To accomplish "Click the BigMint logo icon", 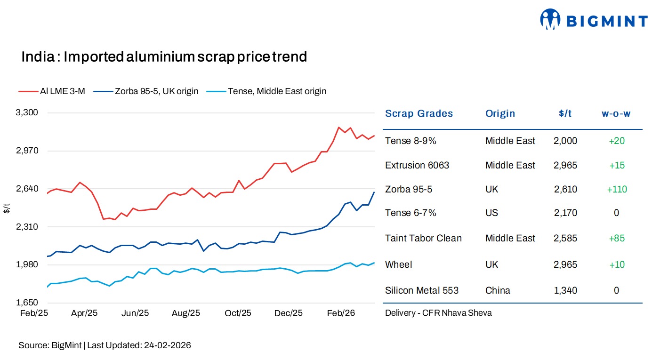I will pyautogui.click(x=550, y=20).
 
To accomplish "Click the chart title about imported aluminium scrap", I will pyautogui.click(x=164, y=57).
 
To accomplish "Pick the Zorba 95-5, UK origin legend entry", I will pyautogui.click(x=146, y=91).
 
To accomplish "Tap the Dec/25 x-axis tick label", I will pyautogui.click(x=289, y=313).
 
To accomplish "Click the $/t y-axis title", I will pyautogui.click(x=6, y=208).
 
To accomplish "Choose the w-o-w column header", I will pyautogui.click(x=616, y=113).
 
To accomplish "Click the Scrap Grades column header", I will pyautogui.click(x=419, y=113).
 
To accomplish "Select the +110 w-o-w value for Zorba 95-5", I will pyautogui.click(x=616, y=190).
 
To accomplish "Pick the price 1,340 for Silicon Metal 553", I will pyautogui.click(x=565, y=290).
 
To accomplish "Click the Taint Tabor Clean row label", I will pyautogui.click(x=423, y=238).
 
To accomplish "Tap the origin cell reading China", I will pyautogui.click(x=498, y=290).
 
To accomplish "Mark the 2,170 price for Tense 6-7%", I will pyautogui.click(x=565, y=213).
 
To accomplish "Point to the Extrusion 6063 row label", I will pyautogui.click(x=417, y=165).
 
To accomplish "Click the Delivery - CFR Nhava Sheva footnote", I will pyautogui.click(x=438, y=313).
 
